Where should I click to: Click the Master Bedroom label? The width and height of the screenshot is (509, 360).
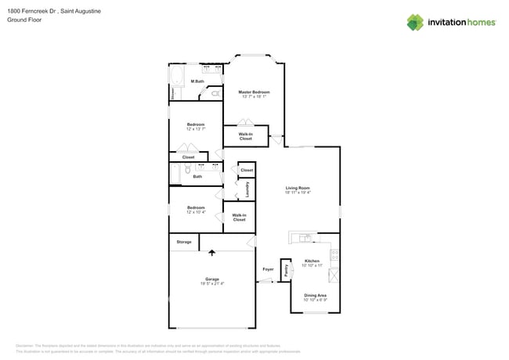253,92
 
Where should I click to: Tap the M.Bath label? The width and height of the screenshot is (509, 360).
197,81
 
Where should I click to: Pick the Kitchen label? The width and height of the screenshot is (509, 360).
312,261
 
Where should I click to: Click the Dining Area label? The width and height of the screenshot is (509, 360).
315,295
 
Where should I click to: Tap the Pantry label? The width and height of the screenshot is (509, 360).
287,269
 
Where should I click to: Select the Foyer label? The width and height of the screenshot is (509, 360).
268,269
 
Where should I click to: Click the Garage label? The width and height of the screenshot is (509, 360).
211,279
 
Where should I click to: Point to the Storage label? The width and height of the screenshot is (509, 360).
184,242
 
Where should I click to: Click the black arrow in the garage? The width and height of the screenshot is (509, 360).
211,253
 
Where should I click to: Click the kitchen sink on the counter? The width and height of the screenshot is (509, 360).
304,237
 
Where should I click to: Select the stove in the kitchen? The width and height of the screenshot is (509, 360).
334,254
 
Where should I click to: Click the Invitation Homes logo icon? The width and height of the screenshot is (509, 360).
415,22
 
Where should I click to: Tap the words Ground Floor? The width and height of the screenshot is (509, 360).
23,20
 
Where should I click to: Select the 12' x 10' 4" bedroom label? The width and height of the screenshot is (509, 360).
196,210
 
